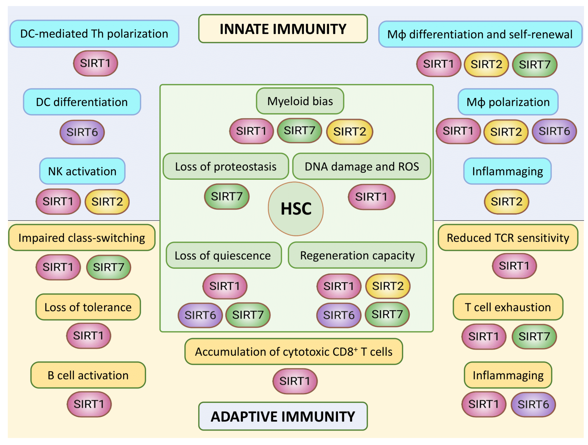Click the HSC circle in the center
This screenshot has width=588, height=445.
tap(296, 209)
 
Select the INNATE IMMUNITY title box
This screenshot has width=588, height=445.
tap(283, 29)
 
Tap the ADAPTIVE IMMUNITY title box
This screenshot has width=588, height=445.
tap(283, 416)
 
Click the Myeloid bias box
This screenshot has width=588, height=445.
tap(300, 101)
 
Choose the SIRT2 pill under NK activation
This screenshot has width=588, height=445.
tap(107, 202)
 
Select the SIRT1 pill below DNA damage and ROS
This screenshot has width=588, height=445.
tap(371, 197)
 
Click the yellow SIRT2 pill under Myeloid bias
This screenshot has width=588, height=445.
tap(350, 132)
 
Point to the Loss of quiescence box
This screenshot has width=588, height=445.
tap(223, 255)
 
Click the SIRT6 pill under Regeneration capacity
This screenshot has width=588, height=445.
tap(339, 315)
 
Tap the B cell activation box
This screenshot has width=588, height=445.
tap(88, 375)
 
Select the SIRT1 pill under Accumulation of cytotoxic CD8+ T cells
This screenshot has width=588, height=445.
tap(295, 381)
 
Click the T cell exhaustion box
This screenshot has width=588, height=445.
tap(508, 307)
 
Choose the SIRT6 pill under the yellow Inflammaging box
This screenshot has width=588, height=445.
tap(533, 404)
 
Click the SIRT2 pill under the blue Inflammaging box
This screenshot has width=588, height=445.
tap(506, 202)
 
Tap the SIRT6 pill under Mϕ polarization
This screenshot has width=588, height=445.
tap(554, 131)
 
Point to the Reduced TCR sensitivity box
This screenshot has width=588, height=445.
tap(508, 238)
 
